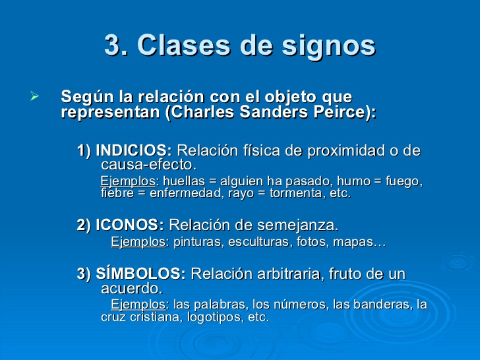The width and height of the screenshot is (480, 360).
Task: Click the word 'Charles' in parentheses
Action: tap(198, 112)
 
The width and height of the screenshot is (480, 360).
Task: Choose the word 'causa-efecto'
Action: tap(148, 164)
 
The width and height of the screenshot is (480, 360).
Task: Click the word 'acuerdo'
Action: tap(131, 288)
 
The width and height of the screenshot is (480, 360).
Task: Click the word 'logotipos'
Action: tap(216, 317)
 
